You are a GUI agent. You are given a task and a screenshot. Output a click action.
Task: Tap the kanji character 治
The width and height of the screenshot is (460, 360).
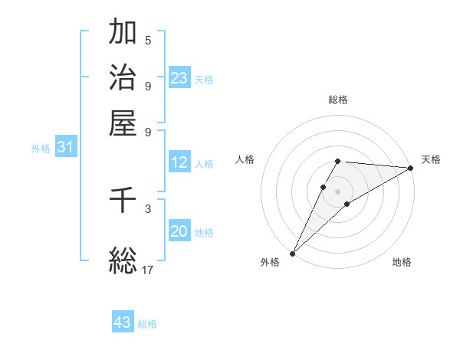[x=123, y=77]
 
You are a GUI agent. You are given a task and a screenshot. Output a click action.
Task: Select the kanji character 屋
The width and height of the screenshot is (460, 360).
[x=123, y=122]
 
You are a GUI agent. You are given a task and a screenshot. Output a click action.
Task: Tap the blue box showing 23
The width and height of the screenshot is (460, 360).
[x=179, y=78]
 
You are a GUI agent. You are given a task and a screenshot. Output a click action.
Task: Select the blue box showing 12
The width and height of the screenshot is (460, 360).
[x=179, y=162]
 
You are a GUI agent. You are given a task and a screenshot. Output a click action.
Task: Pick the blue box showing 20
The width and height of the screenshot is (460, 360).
[x=179, y=232]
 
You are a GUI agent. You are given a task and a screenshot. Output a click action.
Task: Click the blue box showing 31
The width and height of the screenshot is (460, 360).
[x=65, y=148]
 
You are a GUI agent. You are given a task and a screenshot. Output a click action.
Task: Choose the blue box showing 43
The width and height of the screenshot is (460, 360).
[x=123, y=322]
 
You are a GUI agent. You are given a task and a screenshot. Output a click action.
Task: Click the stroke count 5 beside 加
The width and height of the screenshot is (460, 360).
[x=148, y=40]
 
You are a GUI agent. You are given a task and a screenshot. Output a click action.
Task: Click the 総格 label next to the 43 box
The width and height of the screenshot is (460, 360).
[x=147, y=324]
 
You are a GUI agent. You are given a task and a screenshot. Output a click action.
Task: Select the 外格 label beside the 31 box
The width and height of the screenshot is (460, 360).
[x=41, y=149]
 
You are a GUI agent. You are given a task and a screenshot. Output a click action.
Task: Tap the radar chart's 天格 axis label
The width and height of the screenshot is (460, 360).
[x=431, y=159]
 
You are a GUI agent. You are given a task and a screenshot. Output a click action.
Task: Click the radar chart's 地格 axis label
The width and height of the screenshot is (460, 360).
[x=402, y=263]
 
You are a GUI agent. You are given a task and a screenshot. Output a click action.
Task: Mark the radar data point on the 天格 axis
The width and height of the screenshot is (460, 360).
[x=410, y=168]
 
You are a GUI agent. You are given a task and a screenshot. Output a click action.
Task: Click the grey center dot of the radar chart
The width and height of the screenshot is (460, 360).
[x=337, y=191]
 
